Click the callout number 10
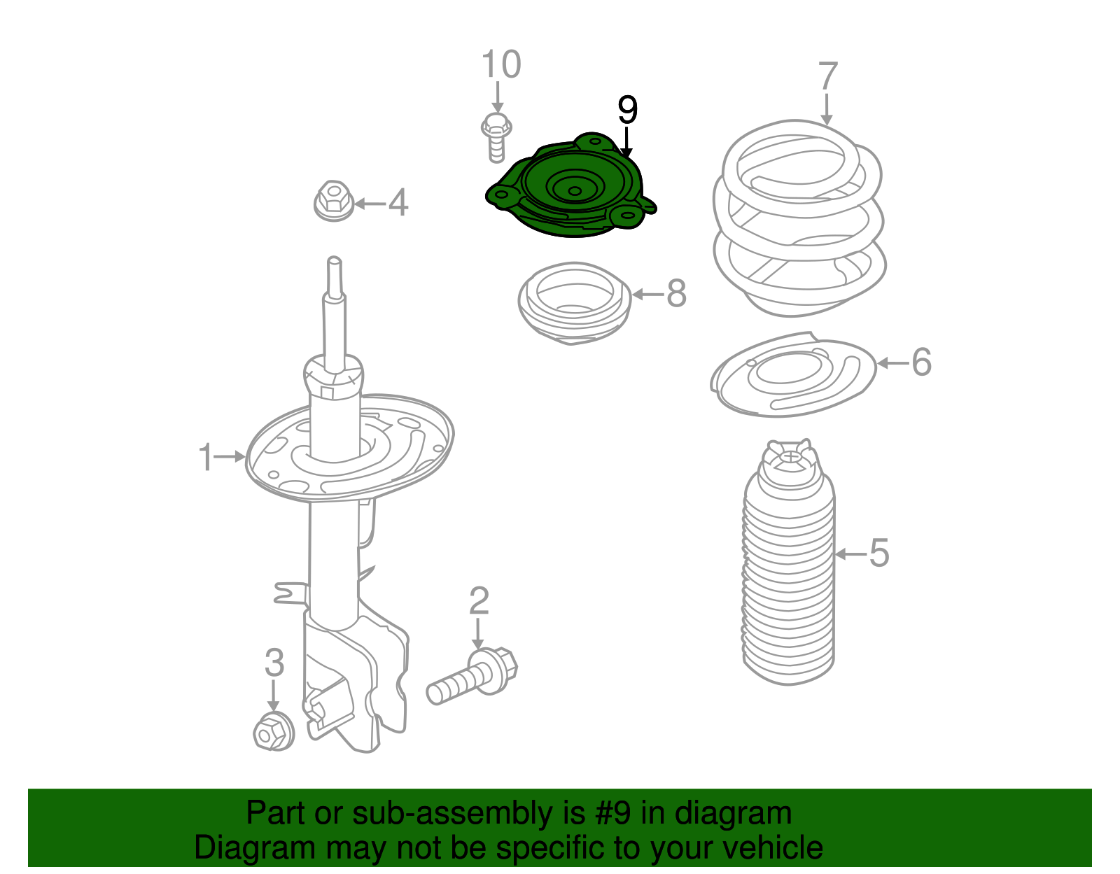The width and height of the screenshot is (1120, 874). (x=501, y=64)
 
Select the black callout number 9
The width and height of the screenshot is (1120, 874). (x=627, y=110)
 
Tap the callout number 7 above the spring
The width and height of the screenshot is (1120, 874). (x=828, y=77)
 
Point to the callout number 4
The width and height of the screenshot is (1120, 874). (x=398, y=202)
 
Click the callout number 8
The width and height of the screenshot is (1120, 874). (x=676, y=294)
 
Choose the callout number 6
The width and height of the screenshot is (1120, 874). (x=922, y=362)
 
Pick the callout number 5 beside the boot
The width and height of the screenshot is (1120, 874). (x=879, y=553)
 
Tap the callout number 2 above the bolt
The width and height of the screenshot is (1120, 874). (x=479, y=600)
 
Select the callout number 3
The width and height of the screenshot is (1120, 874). (x=274, y=663)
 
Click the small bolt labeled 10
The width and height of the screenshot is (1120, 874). (x=496, y=138)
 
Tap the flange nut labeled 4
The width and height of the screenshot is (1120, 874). (x=333, y=201)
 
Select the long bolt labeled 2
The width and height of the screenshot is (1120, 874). (x=472, y=676)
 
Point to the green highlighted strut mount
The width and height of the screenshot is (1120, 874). (x=571, y=185)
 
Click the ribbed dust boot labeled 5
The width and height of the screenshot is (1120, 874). (x=789, y=562)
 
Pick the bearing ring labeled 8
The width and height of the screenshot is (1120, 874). (x=575, y=304)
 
